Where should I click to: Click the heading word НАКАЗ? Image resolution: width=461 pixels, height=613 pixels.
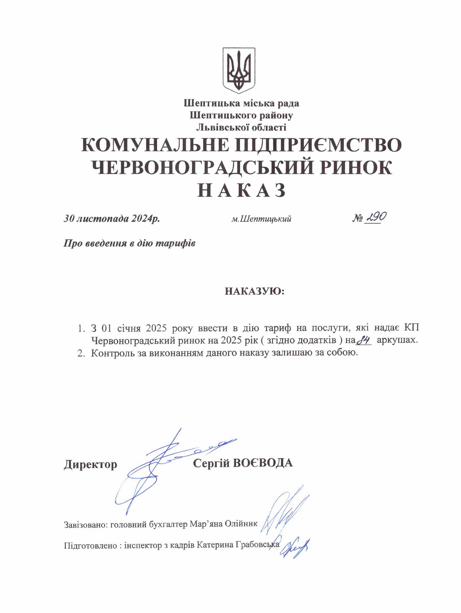pos(241,190)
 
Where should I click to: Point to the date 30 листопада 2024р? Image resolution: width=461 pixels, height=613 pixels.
pos(112,219)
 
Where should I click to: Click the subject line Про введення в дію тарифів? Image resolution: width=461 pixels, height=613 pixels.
pos(129,243)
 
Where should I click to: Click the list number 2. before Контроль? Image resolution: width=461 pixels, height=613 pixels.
pos(81,353)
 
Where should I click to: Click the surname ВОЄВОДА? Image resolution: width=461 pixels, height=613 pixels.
pos(263,463)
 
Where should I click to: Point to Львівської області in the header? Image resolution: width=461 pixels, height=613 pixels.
pos(241,128)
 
